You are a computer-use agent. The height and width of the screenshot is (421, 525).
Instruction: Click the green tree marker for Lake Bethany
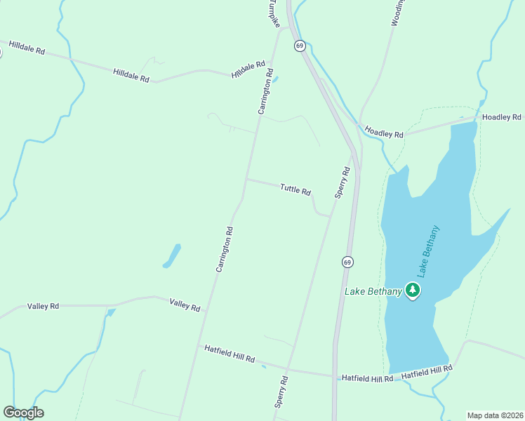click(413, 290)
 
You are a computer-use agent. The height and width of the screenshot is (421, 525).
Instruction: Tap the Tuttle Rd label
click(295, 189)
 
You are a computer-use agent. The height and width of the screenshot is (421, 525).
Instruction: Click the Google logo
click(23, 413)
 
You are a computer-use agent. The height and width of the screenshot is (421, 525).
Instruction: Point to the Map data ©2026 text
click(495, 415)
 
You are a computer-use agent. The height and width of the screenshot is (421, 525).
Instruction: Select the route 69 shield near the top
click(300, 46)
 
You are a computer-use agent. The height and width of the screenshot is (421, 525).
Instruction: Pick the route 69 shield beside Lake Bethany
click(348, 262)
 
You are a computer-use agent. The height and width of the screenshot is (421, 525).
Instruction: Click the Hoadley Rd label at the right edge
click(502, 117)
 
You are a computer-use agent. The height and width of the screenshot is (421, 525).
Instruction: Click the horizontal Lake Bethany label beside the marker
click(373, 291)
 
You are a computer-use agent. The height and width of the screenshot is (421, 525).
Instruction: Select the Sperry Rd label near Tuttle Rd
click(343, 182)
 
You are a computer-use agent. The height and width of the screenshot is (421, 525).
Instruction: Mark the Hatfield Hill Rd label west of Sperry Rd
click(230, 353)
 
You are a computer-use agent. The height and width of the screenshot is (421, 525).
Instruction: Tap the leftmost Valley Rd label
click(44, 307)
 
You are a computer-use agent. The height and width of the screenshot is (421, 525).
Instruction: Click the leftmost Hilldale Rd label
click(27, 48)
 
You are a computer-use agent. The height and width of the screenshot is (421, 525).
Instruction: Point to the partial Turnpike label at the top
click(272, 13)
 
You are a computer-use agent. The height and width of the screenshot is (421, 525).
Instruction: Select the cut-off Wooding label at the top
click(395, 13)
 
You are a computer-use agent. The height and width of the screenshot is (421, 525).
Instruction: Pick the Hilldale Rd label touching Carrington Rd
click(248, 69)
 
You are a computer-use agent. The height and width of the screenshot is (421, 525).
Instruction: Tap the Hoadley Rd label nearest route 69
click(384, 131)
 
